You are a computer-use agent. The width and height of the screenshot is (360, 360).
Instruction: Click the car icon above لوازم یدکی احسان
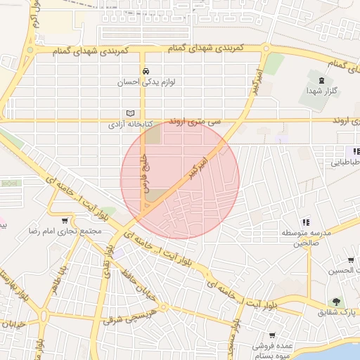(145, 72)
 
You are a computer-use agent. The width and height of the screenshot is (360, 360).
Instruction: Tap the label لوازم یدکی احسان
(145, 82)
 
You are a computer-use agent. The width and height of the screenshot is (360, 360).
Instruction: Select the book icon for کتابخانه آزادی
(129, 113)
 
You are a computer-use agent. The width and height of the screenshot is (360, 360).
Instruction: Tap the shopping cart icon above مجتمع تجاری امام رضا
(65, 221)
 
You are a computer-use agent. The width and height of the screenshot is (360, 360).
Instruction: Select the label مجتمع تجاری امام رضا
(66, 231)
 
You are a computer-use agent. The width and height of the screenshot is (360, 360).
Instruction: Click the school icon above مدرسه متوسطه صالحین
(305, 222)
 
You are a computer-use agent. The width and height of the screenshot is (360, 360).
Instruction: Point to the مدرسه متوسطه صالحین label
(305, 238)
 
